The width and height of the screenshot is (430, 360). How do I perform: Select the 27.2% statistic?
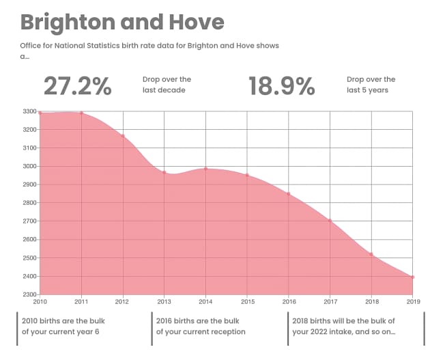[x=77, y=86]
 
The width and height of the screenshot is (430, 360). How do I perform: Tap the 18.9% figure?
[x=281, y=86]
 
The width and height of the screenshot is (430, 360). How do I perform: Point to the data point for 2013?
[x=164, y=172]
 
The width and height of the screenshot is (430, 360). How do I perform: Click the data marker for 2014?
[x=205, y=168]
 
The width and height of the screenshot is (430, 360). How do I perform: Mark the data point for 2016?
[x=288, y=194]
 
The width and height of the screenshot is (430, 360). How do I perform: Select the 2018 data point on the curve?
[x=371, y=254]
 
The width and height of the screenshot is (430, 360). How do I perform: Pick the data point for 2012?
[x=123, y=136]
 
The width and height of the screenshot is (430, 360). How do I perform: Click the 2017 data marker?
[x=330, y=221]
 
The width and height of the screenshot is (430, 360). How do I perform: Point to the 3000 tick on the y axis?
[x=29, y=166]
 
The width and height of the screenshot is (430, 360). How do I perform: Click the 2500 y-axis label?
[x=29, y=258]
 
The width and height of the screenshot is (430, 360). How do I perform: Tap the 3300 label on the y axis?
[x=29, y=111]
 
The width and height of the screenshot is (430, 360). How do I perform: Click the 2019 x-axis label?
[x=412, y=301]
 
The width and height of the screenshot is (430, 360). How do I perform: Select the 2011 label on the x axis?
[x=81, y=301]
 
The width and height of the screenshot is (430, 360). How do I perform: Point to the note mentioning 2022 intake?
[x=343, y=326]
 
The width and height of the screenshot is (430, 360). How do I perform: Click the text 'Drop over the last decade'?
[x=167, y=85]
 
